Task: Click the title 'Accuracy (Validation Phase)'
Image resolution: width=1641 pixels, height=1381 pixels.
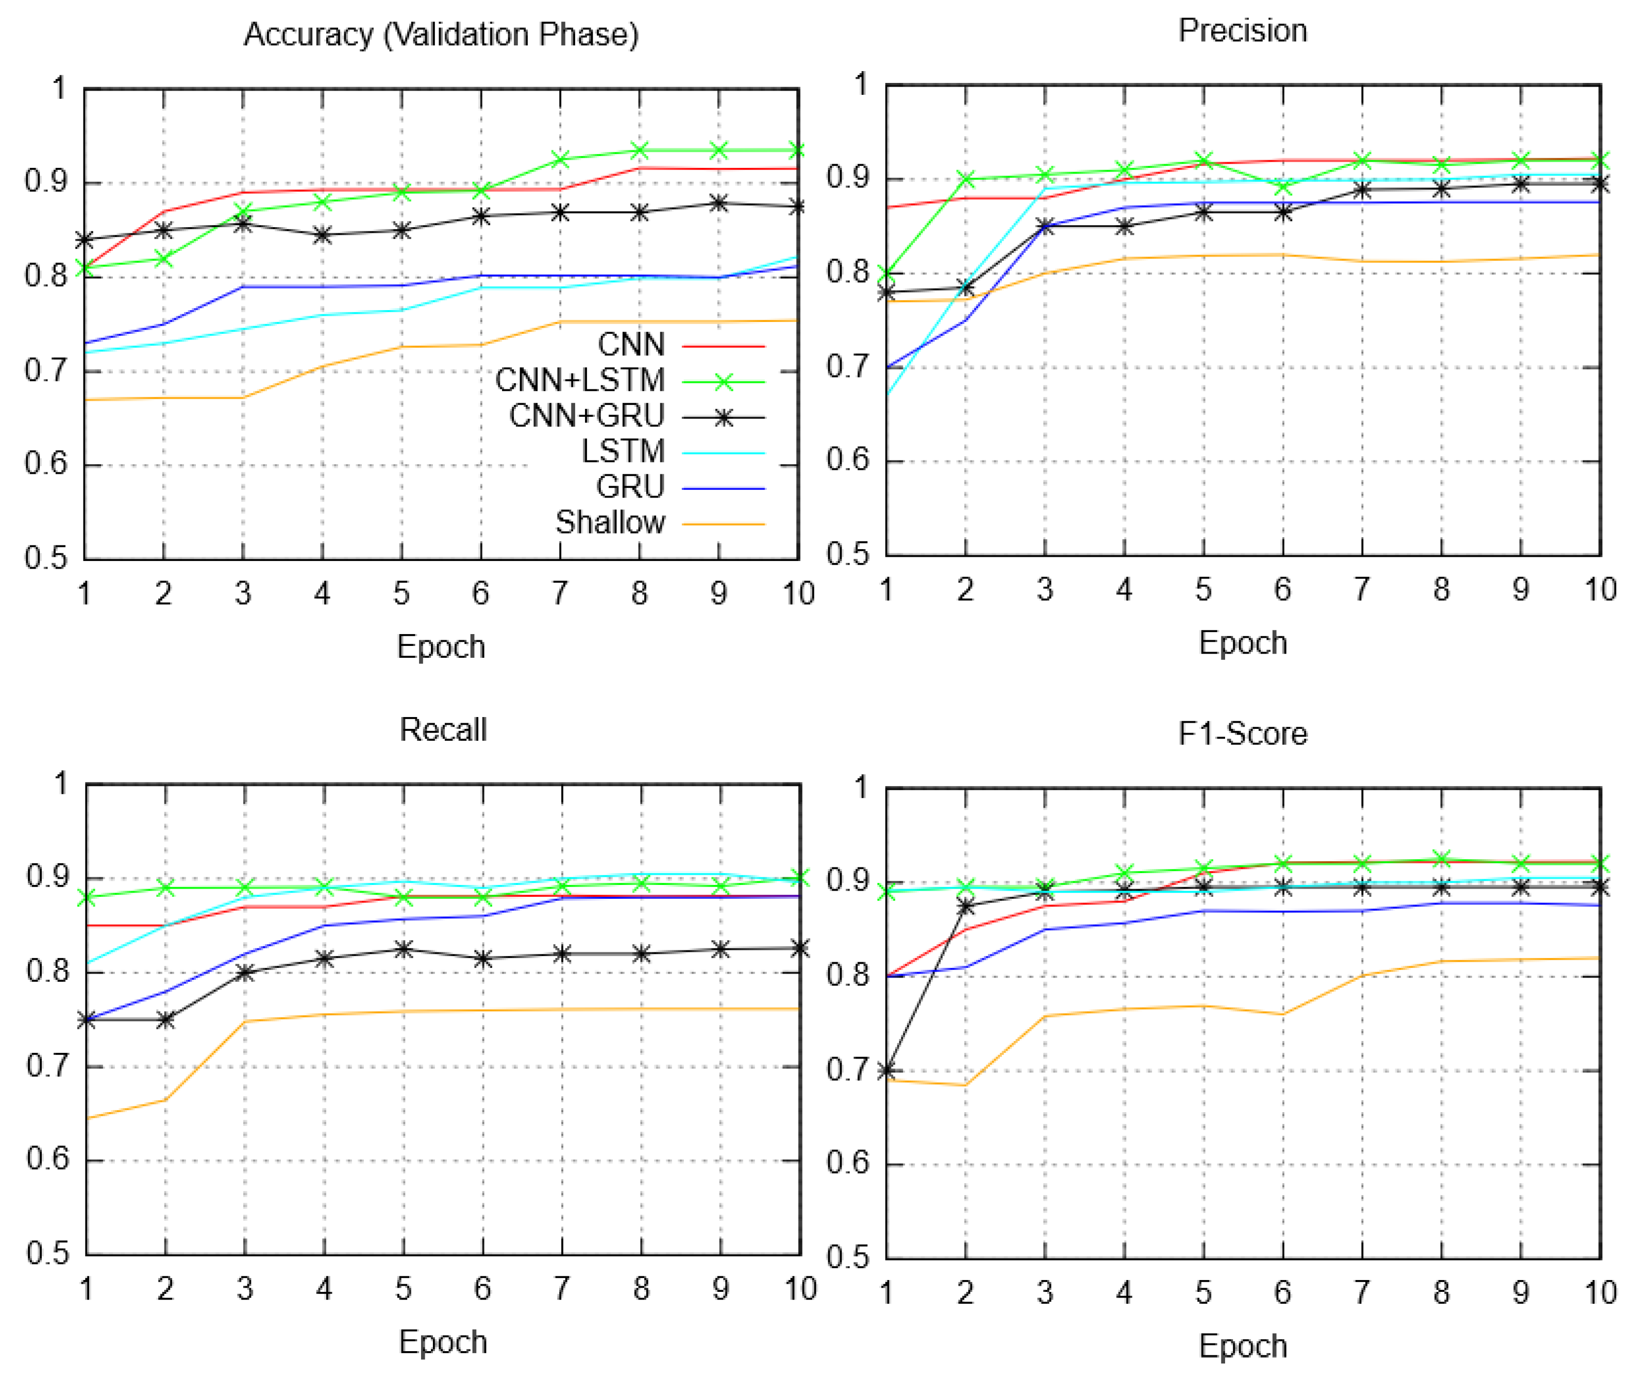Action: coord(441,35)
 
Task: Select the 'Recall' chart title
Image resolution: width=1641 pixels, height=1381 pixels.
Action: coord(443,729)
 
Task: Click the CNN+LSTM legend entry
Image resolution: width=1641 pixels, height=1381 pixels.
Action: coord(580,381)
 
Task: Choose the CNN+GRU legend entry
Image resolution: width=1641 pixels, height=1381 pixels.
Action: coord(587,416)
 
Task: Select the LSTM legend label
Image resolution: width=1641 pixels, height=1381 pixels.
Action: coord(623,451)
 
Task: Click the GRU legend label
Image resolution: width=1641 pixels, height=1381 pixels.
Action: coord(630,487)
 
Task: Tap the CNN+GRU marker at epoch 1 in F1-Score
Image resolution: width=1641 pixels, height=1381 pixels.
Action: coord(886,1070)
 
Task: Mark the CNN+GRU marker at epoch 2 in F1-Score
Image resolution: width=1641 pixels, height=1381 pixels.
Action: coord(966,907)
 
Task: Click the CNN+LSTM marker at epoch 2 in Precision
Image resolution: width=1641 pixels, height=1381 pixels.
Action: coord(966,179)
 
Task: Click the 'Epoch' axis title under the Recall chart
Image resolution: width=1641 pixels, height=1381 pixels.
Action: coord(443,1342)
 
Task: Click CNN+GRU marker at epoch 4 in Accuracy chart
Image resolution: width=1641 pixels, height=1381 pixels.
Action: coord(322,235)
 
